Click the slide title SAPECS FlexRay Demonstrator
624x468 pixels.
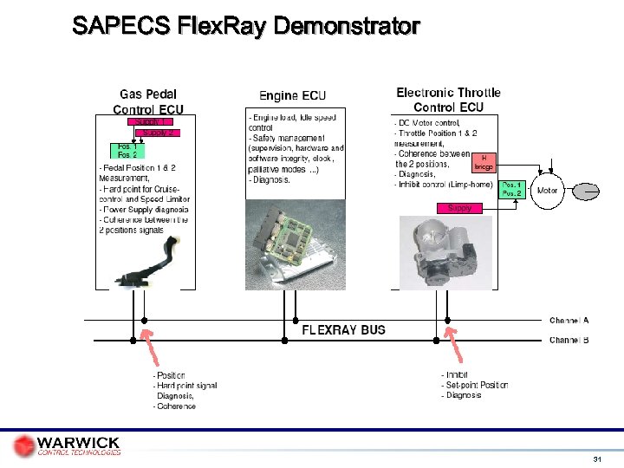[x=246, y=26]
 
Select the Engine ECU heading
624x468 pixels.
[x=292, y=95]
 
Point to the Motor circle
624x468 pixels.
[x=548, y=190]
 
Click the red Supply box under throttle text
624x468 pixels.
[x=459, y=208]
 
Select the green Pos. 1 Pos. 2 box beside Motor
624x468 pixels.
[x=512, y=190]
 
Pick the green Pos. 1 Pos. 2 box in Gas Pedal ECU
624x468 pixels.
[x=127, y=151]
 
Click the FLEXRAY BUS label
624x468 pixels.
[x=343, y=330]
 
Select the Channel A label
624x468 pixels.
[x=569, y=321]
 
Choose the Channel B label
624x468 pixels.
[x=569, y=341]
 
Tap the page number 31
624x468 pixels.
[x=597, y=458]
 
